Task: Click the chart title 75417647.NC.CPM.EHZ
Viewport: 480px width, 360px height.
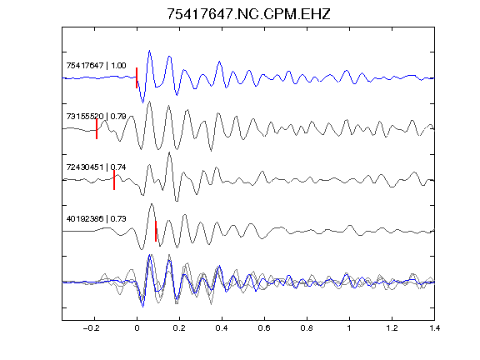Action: (248, 14)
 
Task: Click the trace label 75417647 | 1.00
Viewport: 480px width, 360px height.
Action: (96, 66)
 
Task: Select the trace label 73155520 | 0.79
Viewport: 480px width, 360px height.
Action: (96, 117)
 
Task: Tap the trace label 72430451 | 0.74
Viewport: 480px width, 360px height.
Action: (96, 167)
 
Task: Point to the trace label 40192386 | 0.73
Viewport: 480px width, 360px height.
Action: (96, 218)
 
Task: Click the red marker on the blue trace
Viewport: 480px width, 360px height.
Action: (137, 77)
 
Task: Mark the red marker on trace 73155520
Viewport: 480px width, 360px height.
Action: (97, 129)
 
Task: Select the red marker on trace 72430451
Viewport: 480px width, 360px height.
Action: (114, 180)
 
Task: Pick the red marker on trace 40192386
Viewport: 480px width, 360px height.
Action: (156, 231)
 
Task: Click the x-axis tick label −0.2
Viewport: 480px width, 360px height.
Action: (92, 328)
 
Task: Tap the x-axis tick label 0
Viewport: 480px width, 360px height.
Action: (137, 328)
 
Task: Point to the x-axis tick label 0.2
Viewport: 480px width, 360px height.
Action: (179, 328)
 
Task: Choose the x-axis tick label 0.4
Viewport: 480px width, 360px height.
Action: (222, 328)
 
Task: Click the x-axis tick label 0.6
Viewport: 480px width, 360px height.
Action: (264, 328)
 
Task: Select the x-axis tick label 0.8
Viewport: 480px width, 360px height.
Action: (307, 328)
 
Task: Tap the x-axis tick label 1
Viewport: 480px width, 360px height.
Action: (349, 328)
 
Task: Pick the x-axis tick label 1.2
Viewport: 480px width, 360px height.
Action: (392, 328)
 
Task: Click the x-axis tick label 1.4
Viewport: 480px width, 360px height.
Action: (434, 328)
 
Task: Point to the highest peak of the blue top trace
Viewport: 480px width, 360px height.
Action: (149, 51)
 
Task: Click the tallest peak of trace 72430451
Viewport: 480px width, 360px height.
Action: (170, 152)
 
